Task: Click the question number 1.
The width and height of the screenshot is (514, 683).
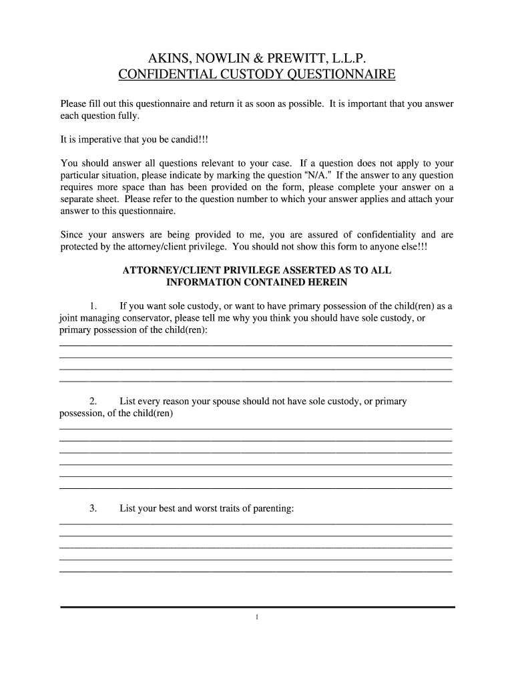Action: pyautogui.click(x=93, y=306)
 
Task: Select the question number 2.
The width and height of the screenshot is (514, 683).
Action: pyautogui.click(x=93, y=402)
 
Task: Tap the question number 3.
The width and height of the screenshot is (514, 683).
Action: pyautogui.click(x=93, y=509)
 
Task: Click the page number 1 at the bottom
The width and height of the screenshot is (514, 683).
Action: pyautogui.click(x=257, y=618)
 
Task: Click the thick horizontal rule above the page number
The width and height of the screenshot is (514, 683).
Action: pyautogui.click(x=257, y=607)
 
